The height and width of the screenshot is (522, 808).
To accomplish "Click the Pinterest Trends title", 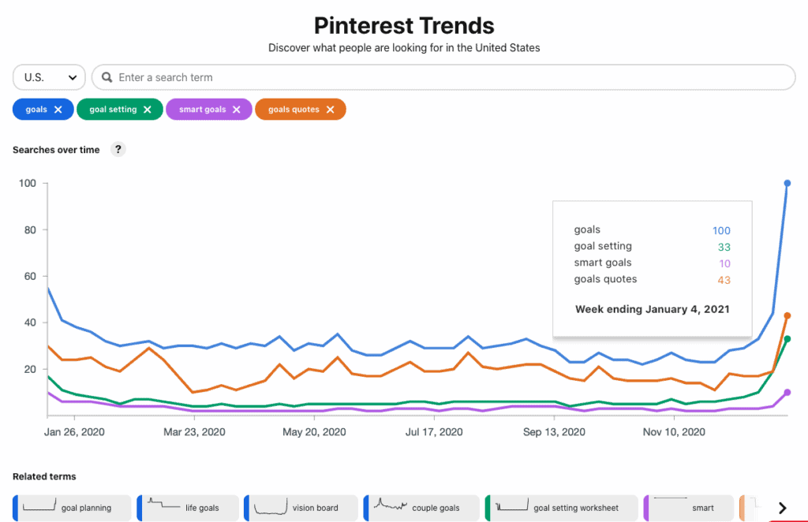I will [x=404, y=25].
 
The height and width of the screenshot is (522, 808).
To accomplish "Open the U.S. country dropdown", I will [x=49, y=77].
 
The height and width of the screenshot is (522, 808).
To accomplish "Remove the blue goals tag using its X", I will [x=58, y=110].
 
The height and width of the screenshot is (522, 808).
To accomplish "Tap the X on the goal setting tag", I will [x=148, y=110].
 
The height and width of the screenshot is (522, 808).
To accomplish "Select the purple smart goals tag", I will [x=202, y=110].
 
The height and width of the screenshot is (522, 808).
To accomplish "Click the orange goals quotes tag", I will [x=293, y=110].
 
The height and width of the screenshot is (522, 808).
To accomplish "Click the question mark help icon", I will [x=118, y=149].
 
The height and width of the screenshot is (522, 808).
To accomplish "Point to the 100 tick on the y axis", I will [x=28, y=184].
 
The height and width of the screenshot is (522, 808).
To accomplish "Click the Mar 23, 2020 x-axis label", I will [x=194, y=432].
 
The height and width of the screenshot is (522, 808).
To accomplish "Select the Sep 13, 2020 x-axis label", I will [x=554, y=432].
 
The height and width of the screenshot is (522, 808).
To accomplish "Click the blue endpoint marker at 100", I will [x=787, y=183].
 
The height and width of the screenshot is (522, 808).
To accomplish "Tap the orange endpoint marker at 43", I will [x=787, y=315].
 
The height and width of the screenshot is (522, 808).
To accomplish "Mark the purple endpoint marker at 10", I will [x=787, y=392].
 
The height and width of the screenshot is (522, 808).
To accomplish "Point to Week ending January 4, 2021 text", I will [x=652, y=309].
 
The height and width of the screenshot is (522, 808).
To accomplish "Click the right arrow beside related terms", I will [x=782, y=508].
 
